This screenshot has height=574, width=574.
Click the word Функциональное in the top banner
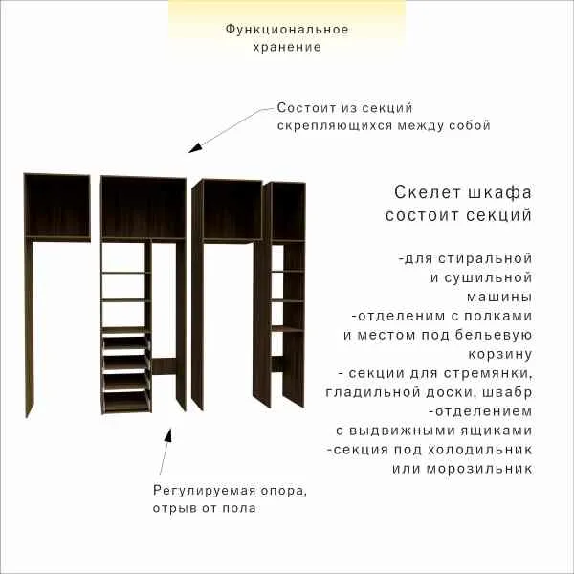click(x=287, y=30)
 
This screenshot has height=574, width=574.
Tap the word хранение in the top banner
click(x=287, y=47)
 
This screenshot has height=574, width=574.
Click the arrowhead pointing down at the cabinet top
click(x=195, y=146)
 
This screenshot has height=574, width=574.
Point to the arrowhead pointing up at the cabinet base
click(x=168, y=435)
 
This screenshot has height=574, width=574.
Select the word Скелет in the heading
click(x=427, y=192)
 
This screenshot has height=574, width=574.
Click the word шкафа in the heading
click(x=499, y=193)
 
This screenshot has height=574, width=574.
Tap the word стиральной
click(x=485, y=259)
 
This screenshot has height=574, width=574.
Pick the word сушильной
click(x=490, y=277)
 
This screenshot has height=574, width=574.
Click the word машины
click(x=499, y=297)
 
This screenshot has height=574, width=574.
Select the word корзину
click(x=500, y=354)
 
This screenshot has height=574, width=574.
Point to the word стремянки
click(x=488, y=373)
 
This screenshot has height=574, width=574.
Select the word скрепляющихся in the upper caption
click(x=336, y=126)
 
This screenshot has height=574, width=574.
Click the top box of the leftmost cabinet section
click(x=57, y=208)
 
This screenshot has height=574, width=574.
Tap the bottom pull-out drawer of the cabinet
click(x=126, y=402)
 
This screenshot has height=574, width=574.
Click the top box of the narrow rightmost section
click(x=288, y=211)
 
